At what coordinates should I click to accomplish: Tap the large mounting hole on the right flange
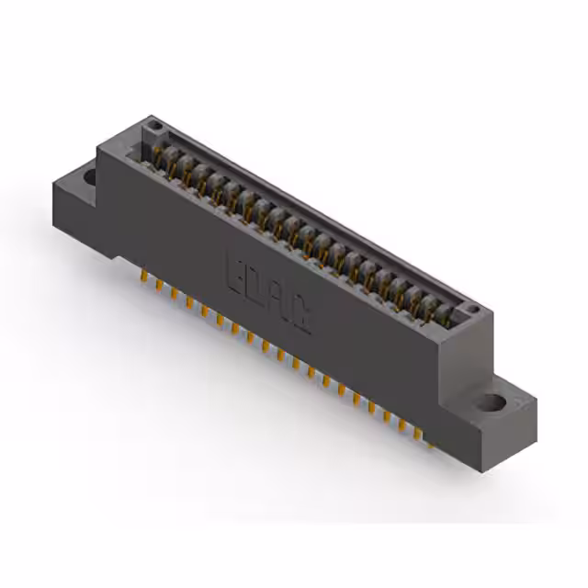pos(493,401)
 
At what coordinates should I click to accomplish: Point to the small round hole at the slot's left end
pos(156,125)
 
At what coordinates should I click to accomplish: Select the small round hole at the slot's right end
pos(469,310)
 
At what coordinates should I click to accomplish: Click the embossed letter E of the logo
pos(234,270)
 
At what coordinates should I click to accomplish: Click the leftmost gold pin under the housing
pos(144,277)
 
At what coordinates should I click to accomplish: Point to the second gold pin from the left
pos(159,285)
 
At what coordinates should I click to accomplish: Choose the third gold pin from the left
pos(174,294)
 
